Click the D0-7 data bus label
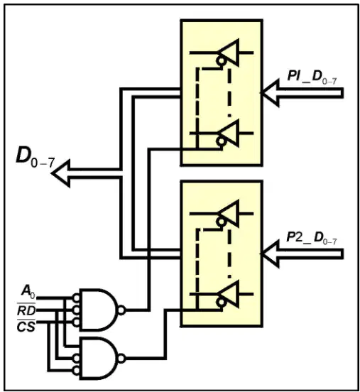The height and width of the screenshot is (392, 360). click(36, 157)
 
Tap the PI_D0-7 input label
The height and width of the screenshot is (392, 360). click(312, 77)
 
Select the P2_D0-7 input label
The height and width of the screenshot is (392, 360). click(311, 237)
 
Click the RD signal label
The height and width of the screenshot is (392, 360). click(26, 311)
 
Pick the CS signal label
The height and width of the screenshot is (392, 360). click(26, 327)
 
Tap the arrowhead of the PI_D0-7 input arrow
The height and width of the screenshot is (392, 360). click(270, 92)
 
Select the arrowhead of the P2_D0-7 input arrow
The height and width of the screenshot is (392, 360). click(270, 254)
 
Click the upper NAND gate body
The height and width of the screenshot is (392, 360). click(98, 310)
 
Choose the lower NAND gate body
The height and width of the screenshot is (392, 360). click(98, 358)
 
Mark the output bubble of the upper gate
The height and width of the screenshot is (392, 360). click(121, 310)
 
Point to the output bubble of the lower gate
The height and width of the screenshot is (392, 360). click(121, 358)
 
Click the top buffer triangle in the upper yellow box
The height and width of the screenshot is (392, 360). click(228, 53)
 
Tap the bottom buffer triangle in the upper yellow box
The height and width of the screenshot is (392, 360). click(228, 133)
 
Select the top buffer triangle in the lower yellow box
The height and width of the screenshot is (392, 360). click(228, 214)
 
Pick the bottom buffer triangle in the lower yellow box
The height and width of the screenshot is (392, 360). click(228, 294)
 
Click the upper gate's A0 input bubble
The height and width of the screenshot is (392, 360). click(76, 298)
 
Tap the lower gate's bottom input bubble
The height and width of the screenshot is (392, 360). click(76, 370)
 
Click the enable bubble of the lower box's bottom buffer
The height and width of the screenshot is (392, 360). click(221, 303)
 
